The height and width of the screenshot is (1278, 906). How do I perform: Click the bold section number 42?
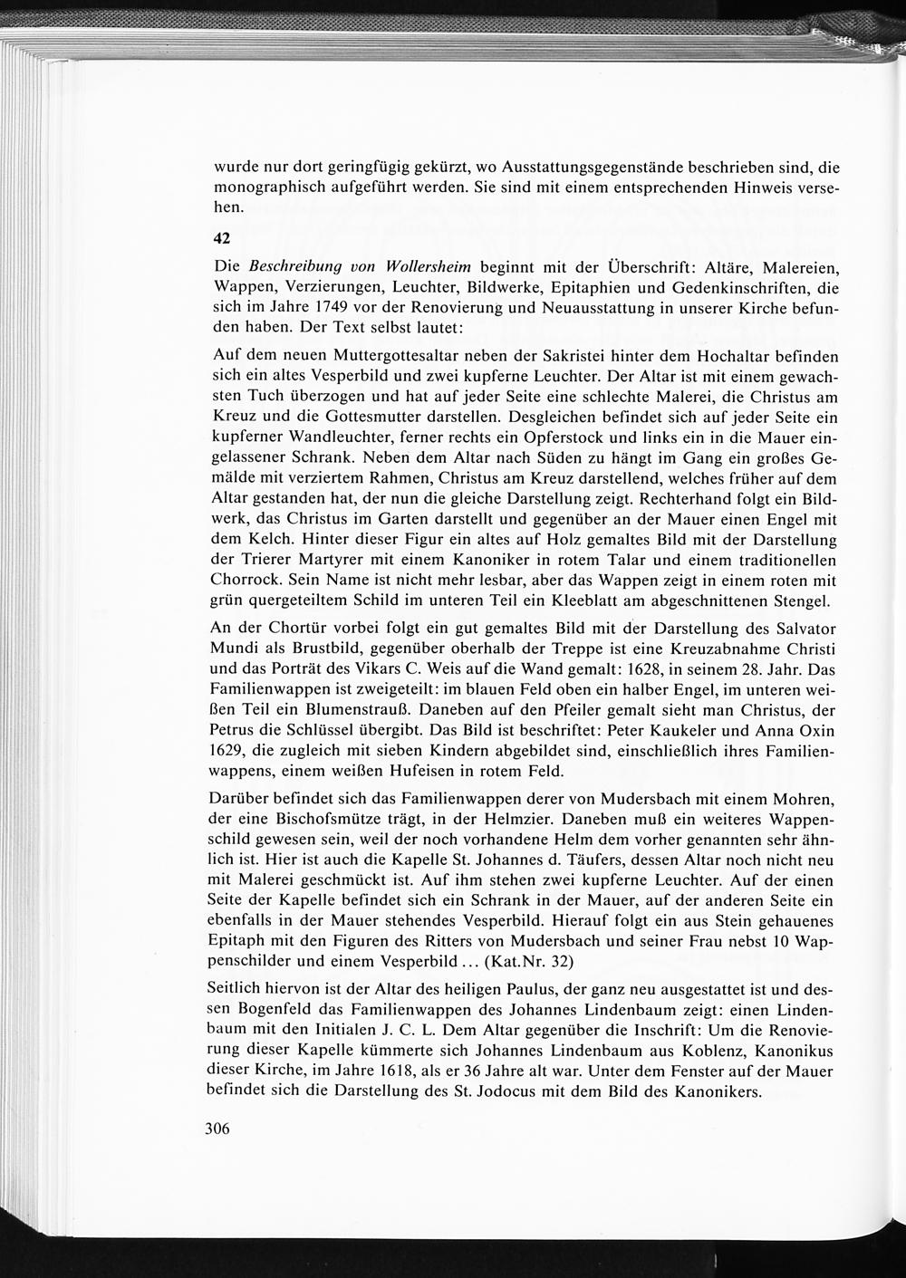click(x=222, y=238)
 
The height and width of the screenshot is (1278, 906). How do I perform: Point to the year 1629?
click(x=230, y=751)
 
